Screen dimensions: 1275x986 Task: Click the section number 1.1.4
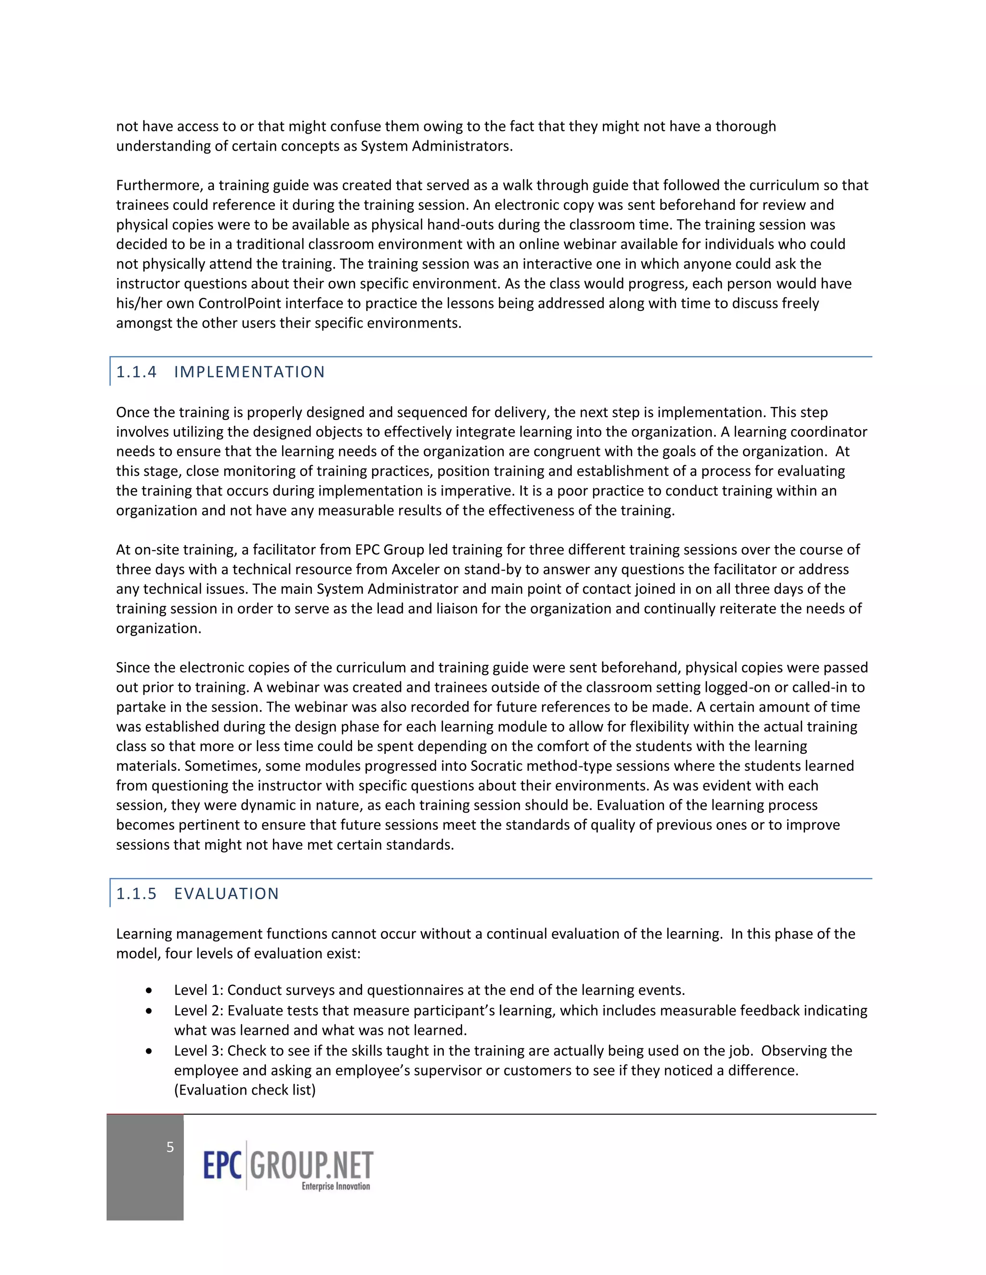136,372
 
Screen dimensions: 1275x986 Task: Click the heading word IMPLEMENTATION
249,372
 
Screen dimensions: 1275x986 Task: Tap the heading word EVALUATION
226,894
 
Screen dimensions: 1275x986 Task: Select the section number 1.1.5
136,894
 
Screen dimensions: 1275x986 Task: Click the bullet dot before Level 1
150,991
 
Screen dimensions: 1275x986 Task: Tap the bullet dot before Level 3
150,1051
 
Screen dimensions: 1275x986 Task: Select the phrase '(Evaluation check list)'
245,1090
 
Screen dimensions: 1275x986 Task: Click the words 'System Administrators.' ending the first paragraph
436,146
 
